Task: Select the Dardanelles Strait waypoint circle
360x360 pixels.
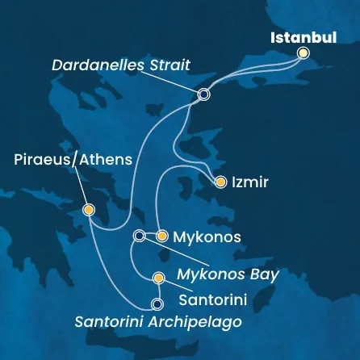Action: tap(203, 94)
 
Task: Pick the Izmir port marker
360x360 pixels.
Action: tap(219, 183)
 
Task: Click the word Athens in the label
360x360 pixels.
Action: tap(105, 161)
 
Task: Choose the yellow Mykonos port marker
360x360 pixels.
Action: tap(161, 237)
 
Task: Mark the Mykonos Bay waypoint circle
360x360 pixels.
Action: tap(139, 236)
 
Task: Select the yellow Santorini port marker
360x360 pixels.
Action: tap(158, 279)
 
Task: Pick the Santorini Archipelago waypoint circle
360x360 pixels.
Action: tap(157, 304)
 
